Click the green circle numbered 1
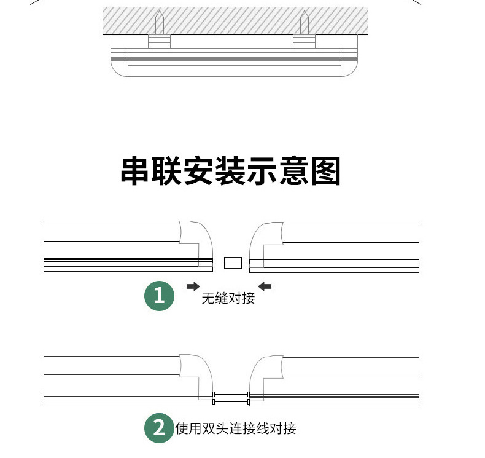tap(160, 296)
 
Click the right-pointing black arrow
tap(193, 286)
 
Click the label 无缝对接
tap(228, 299)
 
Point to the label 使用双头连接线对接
tap(236, 428)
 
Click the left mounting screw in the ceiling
tap(159, 23)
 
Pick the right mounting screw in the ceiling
tap(304, 23)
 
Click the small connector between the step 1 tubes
tap(233, 263)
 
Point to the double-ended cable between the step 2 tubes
tap(231, 397)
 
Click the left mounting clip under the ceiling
tap(159, 41)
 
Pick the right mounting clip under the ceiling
tap(304, 41)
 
